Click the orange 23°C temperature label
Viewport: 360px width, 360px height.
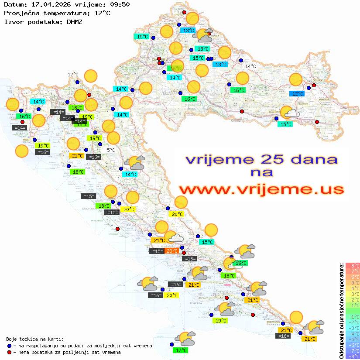(x=171, y=251)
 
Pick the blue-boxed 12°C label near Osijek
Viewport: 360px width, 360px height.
(x=298, y=94)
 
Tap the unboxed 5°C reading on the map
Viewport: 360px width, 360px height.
(x=111, y=150)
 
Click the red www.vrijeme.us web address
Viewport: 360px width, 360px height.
(x=261, y=189)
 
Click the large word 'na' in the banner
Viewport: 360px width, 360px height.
(x=261, y=173)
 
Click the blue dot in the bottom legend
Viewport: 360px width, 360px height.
(x=10, y=346)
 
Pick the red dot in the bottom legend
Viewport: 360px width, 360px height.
(x=10, y=352)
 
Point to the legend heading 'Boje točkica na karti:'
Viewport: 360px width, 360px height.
(x=35, y=339)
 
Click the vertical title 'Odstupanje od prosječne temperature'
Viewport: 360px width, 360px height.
(x=341, y=311)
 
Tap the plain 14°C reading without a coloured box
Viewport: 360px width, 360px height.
(x=250, y=66)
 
